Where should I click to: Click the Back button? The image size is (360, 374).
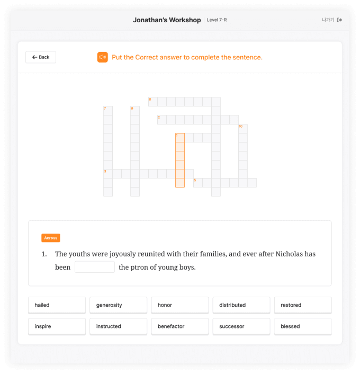pyautogui.click(x=41, y=57)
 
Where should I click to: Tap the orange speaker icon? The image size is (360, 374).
pyautogui.click(x=103, y=57)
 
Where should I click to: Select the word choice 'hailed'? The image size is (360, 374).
pyautogui.click(x=57, y=305)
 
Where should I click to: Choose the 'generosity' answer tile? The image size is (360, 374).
pyautogui.click(x=119, y=305)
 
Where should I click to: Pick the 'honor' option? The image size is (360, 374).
pyautogui.click(x=180, y=305)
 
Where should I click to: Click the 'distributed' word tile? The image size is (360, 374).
pyautogui.click(x=241, y=305)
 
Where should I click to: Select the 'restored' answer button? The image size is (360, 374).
pyautogui.click(x=303, y=305)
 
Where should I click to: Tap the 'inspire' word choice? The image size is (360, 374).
pyautogui.click(x=57, y=326)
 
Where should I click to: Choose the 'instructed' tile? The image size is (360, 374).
pyautogui.click(x=119, y=326)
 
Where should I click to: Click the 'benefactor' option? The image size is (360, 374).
pyautogui.click(x=180, y=326)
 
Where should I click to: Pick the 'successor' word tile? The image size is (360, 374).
pyautogui.click(x=241, y=326)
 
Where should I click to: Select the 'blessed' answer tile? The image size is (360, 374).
pyautogui.click(x=303, y=326)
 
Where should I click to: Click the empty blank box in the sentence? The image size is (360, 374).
pyautogui.click(x=95, y=267)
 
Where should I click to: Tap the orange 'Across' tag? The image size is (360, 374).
pyautogui.click(x=51, y=238)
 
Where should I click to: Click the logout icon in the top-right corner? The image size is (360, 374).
pyautogui.click(x=339, y=20)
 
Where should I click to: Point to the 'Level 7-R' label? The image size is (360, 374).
pyautogui.click(x=217, y=20)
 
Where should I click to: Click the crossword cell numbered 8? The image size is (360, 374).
pyautogui.click(x=153, y=102)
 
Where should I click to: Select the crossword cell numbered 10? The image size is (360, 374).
pyautogui.click(x=243, y=129)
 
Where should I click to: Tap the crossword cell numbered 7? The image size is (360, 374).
pyautogui.click(x=108, y=111)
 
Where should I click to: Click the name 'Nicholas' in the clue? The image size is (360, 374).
pyautogui.click(x=289, y=254)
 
